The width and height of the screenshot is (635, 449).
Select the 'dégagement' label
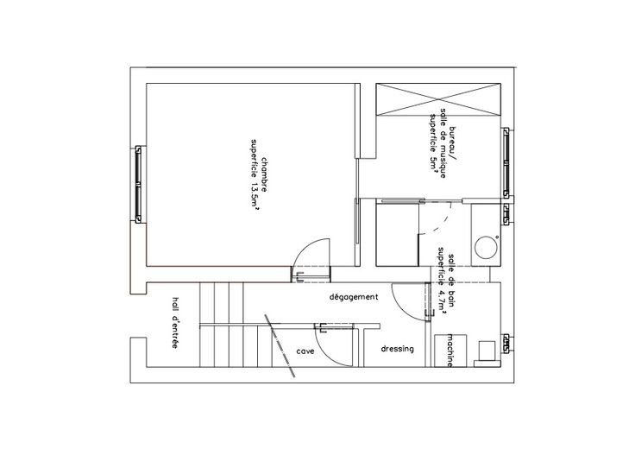pos(354,297)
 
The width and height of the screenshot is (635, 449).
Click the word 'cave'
pos(305,351)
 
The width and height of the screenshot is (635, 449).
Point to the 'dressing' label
pos(397,349)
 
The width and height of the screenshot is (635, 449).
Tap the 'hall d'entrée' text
pos(175,323)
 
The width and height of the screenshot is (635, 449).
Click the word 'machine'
pos(450,351)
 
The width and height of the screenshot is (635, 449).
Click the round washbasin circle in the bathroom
pos(486,248)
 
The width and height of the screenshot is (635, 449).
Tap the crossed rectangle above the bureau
pos(438,99)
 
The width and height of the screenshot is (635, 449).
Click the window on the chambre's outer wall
pos(138,185)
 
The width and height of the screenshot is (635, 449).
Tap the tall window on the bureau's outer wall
pos(506,163)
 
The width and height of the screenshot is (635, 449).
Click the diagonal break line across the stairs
pos(280,345)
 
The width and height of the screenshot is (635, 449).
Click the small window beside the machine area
pos(506,344)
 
